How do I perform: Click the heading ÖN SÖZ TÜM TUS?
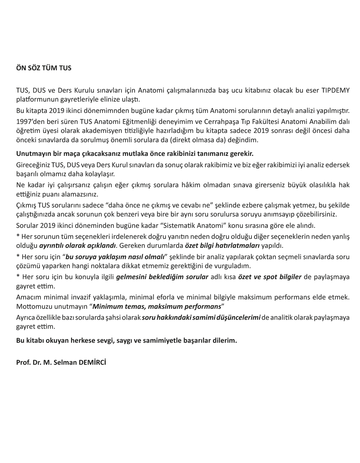(x=44, y=68)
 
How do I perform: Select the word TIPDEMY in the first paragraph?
(x=335, y=91)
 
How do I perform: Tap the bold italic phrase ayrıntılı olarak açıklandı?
(x=78, y=246)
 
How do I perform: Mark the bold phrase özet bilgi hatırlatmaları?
(x=222, y=246)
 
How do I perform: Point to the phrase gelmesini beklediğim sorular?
(x=162, y=277)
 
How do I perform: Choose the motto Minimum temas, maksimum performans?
(x=157, y=306)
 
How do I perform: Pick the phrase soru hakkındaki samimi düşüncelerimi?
(x=201, y=317)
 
